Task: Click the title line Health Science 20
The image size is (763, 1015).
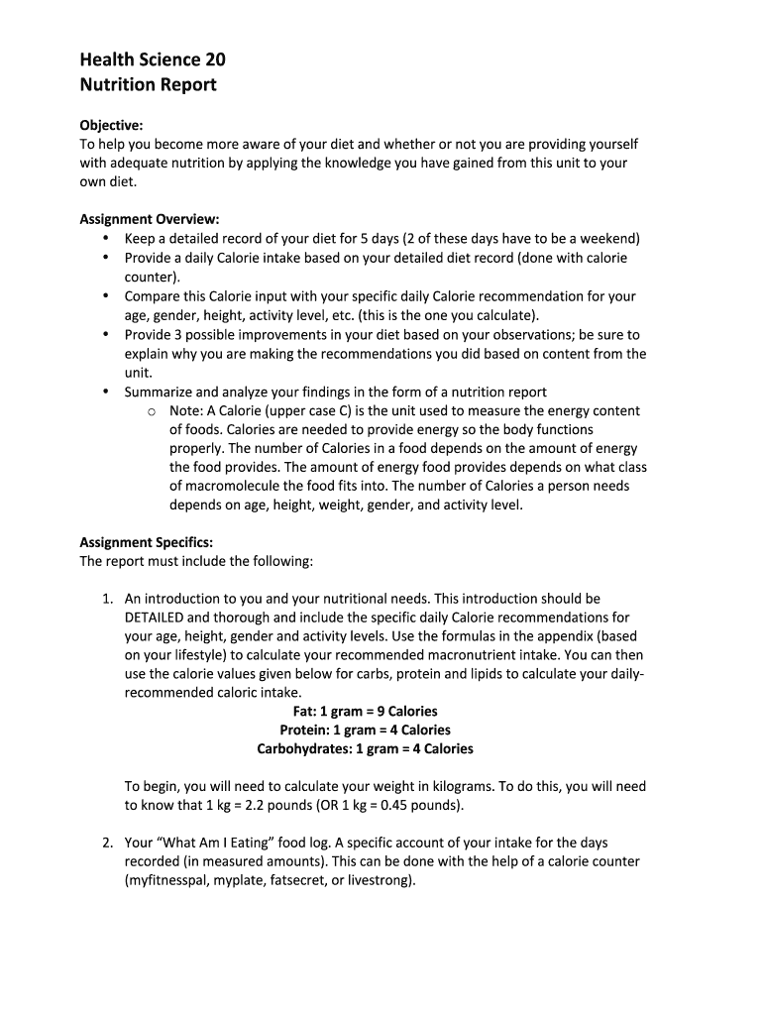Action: pos(153,60)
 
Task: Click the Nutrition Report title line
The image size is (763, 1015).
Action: pos(148,84)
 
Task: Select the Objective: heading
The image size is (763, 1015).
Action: pos(111,125)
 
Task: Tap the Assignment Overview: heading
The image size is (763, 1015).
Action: pos(149,219)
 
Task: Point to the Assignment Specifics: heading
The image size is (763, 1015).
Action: pos(146,542)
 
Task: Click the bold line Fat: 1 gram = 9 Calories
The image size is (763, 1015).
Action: pos(365,711)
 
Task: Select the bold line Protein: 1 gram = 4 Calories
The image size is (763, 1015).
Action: pos(365,730)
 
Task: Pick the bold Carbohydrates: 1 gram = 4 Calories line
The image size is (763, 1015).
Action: pos(365,748)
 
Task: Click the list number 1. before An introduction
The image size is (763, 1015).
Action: pos(108,599)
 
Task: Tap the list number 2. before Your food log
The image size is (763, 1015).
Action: pos(108,843)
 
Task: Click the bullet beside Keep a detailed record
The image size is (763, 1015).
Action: pos(106,239)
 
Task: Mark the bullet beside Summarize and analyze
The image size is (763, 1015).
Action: pos(106,392)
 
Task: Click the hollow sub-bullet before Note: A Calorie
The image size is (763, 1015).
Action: pos(151,411)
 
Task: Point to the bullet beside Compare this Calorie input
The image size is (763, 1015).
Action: pos(106,296)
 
